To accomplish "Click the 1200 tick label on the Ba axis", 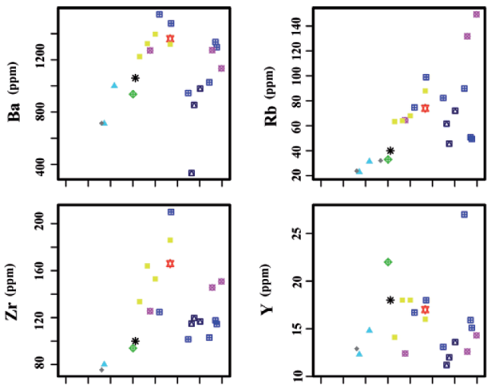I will click(x=45, y=60).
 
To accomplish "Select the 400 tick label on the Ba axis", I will click(x=45, y=164).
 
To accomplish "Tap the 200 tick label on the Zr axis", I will click(x=45, y=224).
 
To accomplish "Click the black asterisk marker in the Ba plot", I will click(x=135, y=78).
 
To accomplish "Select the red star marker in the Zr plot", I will click(x=170, y=263).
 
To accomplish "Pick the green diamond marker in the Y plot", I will click(x=388, y=261).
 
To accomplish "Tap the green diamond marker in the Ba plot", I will click(x=133, y=95).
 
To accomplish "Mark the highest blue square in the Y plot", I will click(x=464, y=214).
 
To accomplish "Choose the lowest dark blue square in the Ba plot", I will click(x=191, y=173).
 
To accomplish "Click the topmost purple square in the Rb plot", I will click(x=477, y=14).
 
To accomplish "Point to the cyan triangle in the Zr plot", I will click(x=104, y=364).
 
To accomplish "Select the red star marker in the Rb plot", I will click(x=425, y=108).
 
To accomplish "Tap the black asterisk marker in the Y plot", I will click(x=391, y=300).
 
